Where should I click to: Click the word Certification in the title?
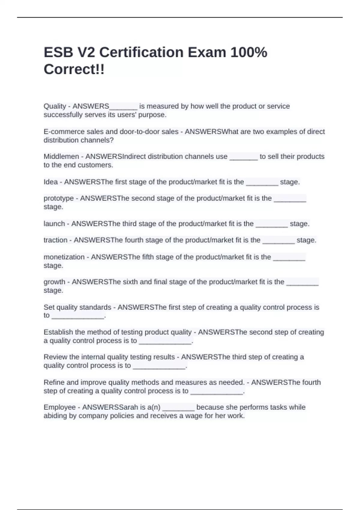(x=141, y=52)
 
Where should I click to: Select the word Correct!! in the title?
(x=74, y=70)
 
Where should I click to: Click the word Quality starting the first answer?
(x=55, y=106)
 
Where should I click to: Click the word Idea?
(x=51, y=182)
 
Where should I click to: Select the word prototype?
(x=58, y=199)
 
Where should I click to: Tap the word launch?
(x=54, y=224)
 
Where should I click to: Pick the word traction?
(x=55, y=240)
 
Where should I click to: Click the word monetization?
(x=64, y=257)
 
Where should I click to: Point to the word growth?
(x=54, y=282)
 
